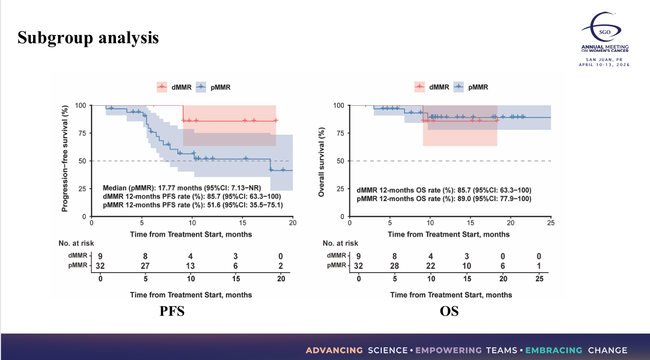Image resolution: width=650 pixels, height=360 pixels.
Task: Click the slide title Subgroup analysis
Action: click(88, 38)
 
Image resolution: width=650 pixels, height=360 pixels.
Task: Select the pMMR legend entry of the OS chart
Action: click(471, 87)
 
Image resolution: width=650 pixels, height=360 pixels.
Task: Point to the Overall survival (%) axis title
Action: click(321, 161)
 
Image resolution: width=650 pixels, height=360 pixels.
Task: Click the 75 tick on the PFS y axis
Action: click(81, 133)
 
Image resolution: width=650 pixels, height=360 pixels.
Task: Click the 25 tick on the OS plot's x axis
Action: click(551, 223)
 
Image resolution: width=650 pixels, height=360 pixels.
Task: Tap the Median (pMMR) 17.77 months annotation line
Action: click(182, 188)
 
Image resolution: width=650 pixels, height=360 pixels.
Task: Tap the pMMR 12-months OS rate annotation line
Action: click(444, 199)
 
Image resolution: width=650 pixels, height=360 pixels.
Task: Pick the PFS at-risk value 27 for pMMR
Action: click(146, 265)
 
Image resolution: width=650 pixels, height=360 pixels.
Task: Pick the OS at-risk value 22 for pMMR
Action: click(431, 265)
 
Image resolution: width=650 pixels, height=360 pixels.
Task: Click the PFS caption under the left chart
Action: click(172, 311)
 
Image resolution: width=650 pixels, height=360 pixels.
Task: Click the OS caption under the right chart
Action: click(449, 311)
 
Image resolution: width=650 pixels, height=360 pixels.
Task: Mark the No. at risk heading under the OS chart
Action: click(340, 243)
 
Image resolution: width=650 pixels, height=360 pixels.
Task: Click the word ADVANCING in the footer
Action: click(334, 350)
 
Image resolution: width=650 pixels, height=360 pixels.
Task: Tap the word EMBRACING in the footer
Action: click(553, 350)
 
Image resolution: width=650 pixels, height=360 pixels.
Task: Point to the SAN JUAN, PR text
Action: click(604, 59)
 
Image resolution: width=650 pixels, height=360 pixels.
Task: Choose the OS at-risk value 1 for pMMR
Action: click(539, 265)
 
